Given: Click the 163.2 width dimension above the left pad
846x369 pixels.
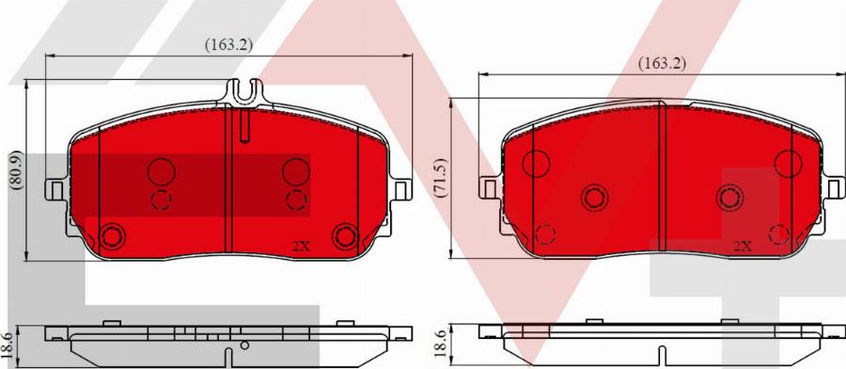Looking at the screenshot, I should [x=228, y=43].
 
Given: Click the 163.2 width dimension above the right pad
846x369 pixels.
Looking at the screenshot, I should [x=662, y=63].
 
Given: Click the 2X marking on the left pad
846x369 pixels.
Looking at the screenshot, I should [x=301, y=246].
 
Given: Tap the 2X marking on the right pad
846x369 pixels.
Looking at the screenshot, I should [x=742, y=246].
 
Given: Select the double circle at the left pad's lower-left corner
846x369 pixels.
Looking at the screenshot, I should [x=114, y=235].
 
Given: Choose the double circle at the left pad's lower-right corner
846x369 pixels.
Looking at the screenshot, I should [x=346, y=235].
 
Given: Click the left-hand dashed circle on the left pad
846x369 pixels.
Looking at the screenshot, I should [x=161, y=200].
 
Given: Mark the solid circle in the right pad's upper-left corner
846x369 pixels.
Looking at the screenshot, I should [x=537, y=163].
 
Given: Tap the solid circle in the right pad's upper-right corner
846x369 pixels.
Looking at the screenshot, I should [x=788, y=164].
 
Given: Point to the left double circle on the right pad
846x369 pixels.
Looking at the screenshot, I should [x=593, y=197].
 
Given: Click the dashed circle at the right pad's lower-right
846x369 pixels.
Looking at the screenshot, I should [x=778, y=233].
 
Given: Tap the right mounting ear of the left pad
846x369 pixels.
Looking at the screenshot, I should [x=404, y=189].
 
